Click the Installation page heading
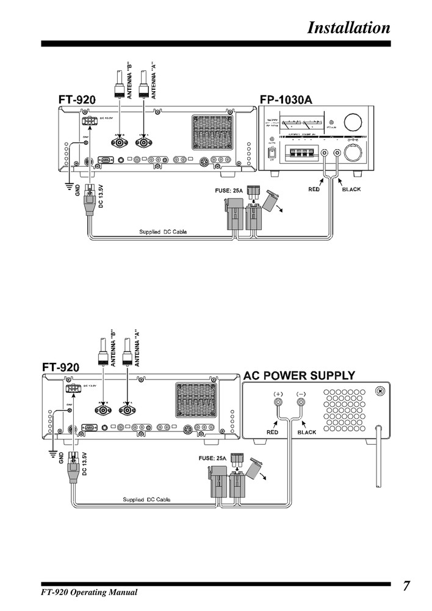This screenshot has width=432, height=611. click(348, 28)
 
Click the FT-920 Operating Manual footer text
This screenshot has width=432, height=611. click(89, 592)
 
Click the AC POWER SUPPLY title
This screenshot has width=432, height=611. click(299, 375)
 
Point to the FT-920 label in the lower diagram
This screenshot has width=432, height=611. click(61, 367)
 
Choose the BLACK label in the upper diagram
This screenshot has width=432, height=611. click(351, 189)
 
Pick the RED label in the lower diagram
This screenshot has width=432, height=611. click(272, 432)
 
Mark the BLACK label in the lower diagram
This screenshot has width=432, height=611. click(306, 432)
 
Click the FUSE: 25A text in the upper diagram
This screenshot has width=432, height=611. click(229, 191)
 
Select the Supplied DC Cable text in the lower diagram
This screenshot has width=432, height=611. click(146, 499)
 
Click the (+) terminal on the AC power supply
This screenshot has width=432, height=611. click(278, 395)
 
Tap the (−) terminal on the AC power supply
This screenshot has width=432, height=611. click(300, 395)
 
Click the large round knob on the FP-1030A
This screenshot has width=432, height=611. click(353, 119)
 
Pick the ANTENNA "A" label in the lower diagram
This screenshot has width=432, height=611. click(137, 349)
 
